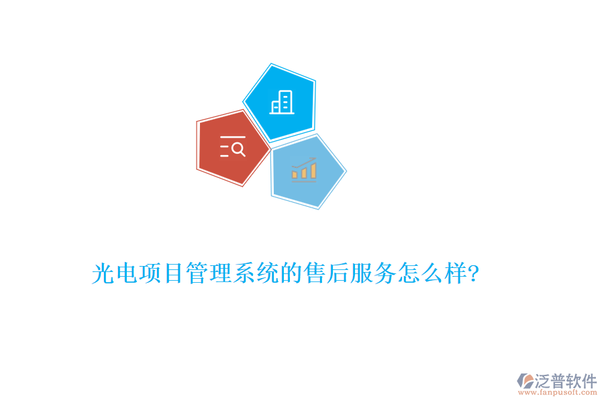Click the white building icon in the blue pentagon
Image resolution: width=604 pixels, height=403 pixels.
(281, 103)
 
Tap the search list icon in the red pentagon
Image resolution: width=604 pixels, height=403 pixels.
(232, 146)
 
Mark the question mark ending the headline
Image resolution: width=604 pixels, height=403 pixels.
(473, 274)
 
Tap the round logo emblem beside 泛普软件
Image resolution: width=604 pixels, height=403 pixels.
(525, 382)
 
